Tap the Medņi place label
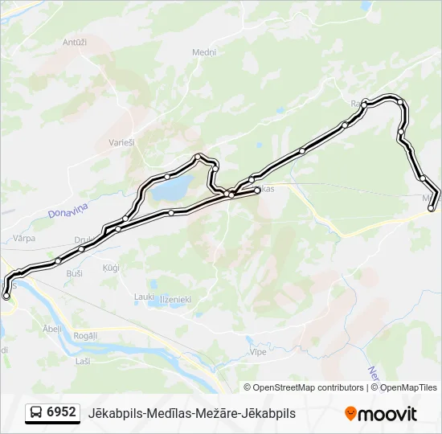pos(204,52)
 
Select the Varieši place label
pos(121,143)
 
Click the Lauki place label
pos(144,297)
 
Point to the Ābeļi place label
pos(51,328)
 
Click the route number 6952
pos(61,412)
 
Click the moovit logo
pos(381,414)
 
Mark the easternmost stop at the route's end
pos(432,208)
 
